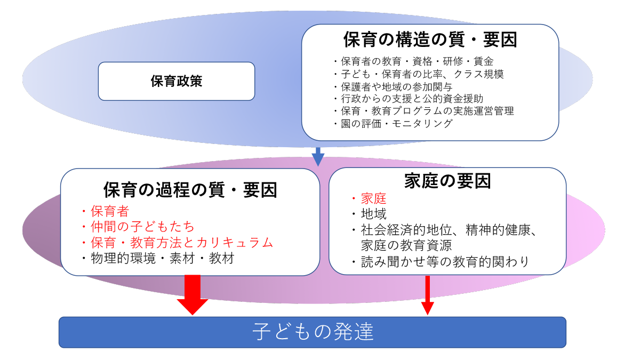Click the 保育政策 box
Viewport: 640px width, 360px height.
click(x=176, y=82)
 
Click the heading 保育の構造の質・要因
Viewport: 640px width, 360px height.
click(x=430, y=40)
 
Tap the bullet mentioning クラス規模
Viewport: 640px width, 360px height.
click(x=421, y=74)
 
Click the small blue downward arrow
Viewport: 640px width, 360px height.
click(x=318, y=156)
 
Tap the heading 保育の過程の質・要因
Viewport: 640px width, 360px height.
click(x=190, y=190)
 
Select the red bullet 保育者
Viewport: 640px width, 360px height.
click(x=110, y=211)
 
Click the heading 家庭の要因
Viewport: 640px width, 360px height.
click(x=447, y=181)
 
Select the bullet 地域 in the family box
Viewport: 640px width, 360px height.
click(x=373, y=214)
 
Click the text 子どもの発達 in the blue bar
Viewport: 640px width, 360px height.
click(x=313, y=332)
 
